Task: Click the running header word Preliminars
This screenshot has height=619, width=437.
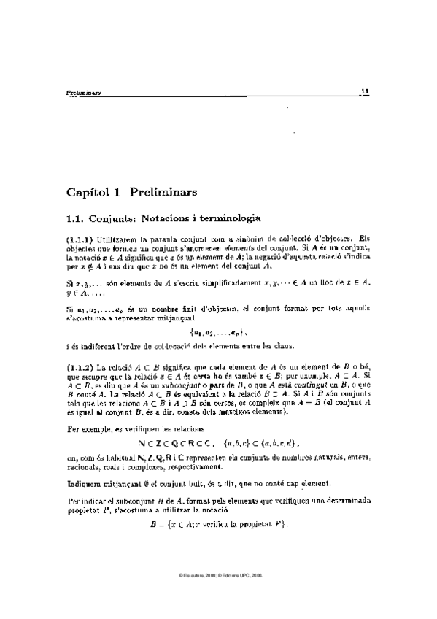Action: coord(83,93)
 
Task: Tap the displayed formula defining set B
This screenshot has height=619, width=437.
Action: coord(219,525)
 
